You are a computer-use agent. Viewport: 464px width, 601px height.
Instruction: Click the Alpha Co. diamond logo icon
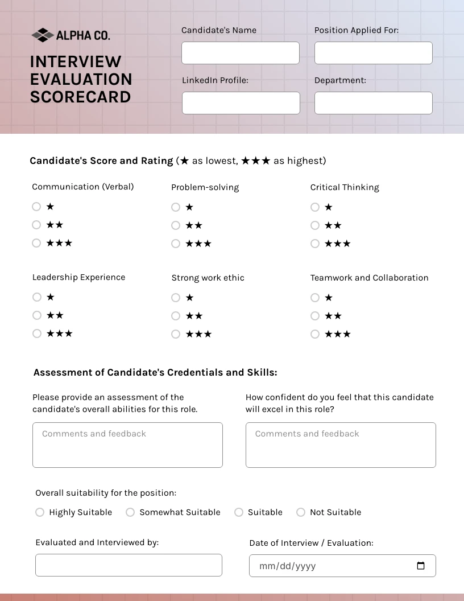42,35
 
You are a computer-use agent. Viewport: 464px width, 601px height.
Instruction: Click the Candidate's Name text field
241,53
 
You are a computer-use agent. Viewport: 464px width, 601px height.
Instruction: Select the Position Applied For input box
373,53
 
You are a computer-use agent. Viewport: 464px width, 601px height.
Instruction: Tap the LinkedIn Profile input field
241,103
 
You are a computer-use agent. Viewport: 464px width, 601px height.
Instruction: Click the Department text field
373,103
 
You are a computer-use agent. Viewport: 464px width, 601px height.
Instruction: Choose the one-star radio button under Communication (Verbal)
36,207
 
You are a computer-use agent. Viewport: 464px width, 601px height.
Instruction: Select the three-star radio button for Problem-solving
176,244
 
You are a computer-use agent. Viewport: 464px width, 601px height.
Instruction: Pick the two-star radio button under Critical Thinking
315,225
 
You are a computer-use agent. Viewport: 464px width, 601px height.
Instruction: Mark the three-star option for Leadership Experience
37,334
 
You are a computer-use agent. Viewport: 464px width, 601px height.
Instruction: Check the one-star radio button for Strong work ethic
176,298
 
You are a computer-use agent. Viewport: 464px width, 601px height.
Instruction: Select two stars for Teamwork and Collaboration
315,316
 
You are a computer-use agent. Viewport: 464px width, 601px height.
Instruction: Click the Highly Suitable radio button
40,512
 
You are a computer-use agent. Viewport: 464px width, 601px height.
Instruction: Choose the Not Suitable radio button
301,512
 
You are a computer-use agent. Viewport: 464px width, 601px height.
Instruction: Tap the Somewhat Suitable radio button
130,512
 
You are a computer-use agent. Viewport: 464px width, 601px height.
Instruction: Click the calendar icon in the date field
421,566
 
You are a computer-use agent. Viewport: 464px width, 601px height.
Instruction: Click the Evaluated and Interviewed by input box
129,565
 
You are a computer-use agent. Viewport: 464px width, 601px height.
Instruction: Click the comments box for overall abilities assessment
127,445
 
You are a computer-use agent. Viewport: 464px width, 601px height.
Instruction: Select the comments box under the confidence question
341,445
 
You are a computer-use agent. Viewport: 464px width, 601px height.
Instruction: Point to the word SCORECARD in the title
81,97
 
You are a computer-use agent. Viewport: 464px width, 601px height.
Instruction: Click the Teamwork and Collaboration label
369,278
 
